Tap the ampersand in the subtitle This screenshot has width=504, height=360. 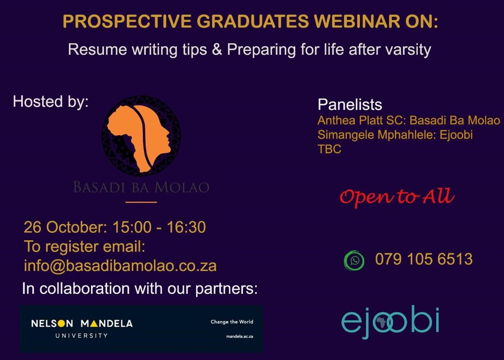pyautogui.click(x=217, y=50)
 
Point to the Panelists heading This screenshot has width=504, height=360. pyautogui.click(x=350, y=105)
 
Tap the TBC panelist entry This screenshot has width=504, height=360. pyautogui.click(x=329, y=149)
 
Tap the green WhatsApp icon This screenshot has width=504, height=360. pyautogui.click(x=354, y=260)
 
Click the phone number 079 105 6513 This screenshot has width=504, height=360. pyautogui.click(x=423, y=259)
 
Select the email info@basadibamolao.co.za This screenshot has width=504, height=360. pyautogui.click(x=120, y=266)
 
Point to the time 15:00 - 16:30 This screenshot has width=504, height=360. pyautogui.click(x=159, y=227)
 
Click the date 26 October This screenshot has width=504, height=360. pyautogui.click(x=65, y=227)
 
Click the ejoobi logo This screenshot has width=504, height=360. pyautogui.click(x=390, y=322)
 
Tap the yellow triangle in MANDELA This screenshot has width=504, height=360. pyautogui.click(x=94, y=323)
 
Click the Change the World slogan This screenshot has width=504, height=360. pyautogui.click(x=232, y=322)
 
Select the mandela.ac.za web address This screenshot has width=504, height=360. pyautogui.click(x=240, y=337)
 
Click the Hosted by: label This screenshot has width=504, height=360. pyautogui.click(x=51, y=102)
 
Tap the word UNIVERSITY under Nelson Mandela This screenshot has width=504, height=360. pyautogui.click(x=82, y=335)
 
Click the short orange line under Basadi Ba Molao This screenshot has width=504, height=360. pyautogui.click(x=141, y=202)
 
